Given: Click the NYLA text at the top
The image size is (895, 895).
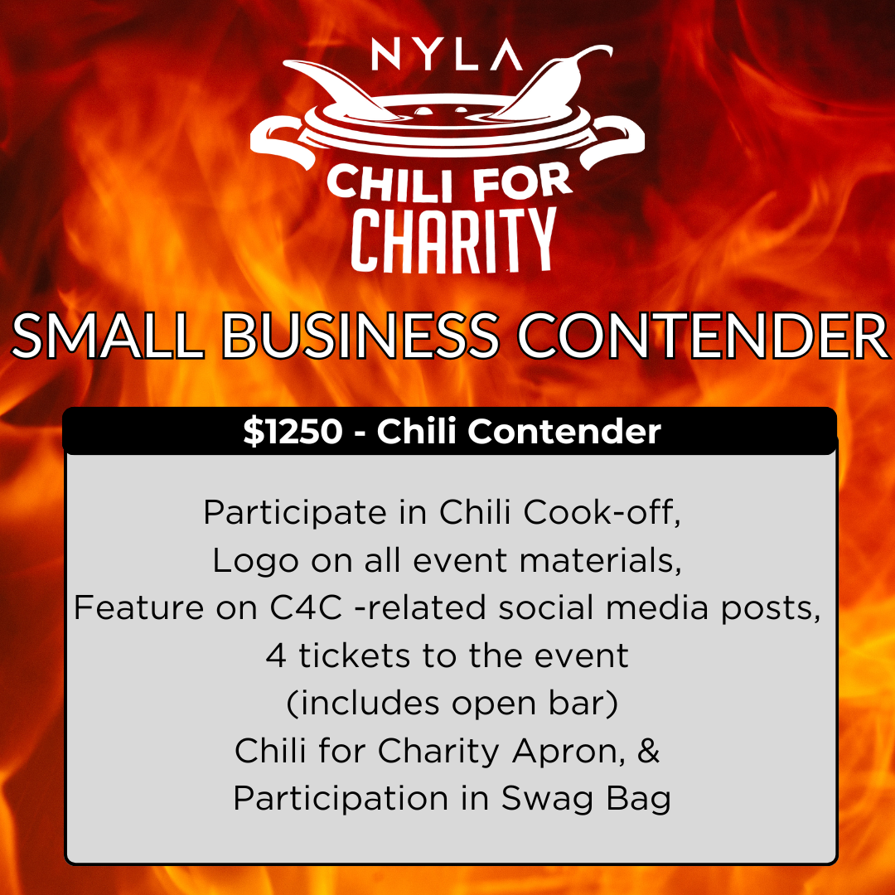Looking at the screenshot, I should (x=447, y=55).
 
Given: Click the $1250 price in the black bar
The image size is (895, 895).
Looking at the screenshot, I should (x=293, y=433).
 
